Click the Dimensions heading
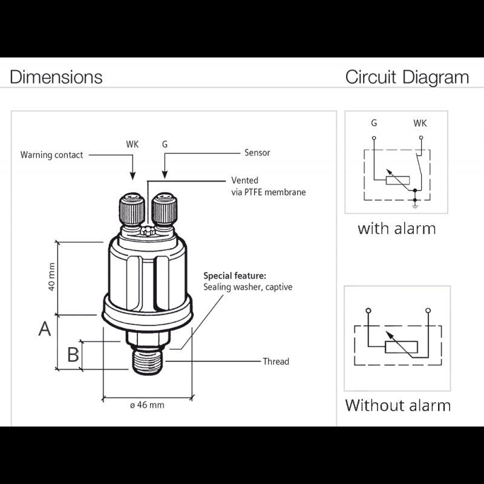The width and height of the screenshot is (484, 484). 56,77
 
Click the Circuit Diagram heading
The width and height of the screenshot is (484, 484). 407,77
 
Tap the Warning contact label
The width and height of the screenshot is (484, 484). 52,155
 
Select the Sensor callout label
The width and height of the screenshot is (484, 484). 257,153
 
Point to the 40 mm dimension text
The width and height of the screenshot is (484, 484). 52,276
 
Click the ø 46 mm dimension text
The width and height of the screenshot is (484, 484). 148,405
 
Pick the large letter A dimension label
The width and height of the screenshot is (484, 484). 45,329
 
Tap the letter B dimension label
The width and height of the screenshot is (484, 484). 73,355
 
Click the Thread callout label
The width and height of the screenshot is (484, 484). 276,362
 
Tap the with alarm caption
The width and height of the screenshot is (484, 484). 396,229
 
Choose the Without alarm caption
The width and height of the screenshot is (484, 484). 397,405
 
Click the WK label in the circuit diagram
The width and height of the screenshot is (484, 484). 420,123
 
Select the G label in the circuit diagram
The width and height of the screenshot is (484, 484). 374,123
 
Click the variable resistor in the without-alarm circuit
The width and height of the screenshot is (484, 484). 401,347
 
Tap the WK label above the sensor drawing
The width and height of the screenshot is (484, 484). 132,145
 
